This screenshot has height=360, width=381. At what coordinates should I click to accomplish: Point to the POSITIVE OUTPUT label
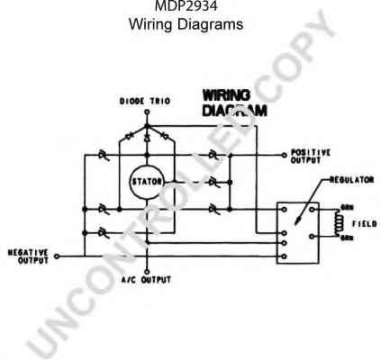coord(315,157)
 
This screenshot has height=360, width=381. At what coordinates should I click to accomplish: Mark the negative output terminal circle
coord(56,256)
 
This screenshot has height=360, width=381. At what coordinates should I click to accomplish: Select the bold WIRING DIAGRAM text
coord(229,103)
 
